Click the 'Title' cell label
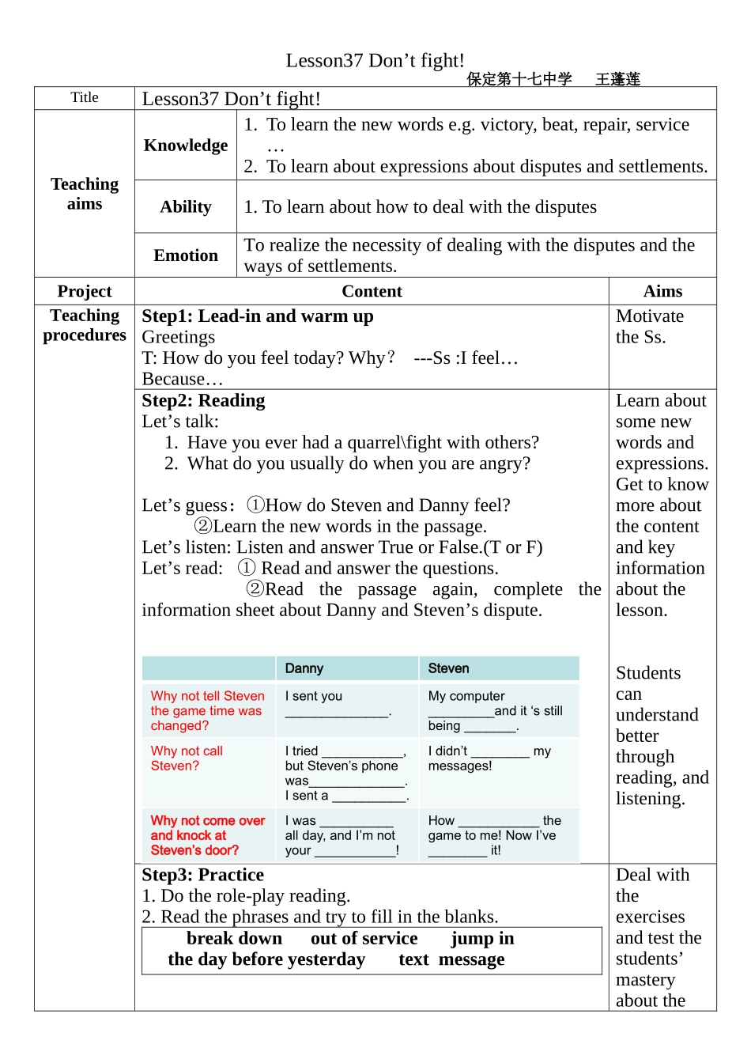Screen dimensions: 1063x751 click(85, 97)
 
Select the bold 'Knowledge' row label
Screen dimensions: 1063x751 click(186, 146)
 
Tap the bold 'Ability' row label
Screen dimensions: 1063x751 click(186, 207)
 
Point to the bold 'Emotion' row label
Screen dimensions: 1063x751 click(186, 255)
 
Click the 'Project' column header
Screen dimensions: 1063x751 click(85, 291)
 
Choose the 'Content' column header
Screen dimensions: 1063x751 click(372, 291)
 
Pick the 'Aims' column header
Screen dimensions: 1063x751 click(662, 291)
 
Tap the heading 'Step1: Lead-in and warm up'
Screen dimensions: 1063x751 click(258, 316)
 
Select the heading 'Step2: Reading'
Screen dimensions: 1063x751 click(204, 401)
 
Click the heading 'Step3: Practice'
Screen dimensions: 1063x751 click(203, 875)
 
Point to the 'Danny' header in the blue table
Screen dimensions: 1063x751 click(304, 668)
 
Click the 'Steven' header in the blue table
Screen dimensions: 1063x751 click(448, 668)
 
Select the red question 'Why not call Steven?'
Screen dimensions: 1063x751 click(187, 758)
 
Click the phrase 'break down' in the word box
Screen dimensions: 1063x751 click(234, 939)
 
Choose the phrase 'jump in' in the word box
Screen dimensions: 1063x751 click(482, 939)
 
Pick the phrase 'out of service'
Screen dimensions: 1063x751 click(364, 939)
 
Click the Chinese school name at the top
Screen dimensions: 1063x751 click(519, 79)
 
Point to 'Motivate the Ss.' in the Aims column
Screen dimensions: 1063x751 click(649, 327)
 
